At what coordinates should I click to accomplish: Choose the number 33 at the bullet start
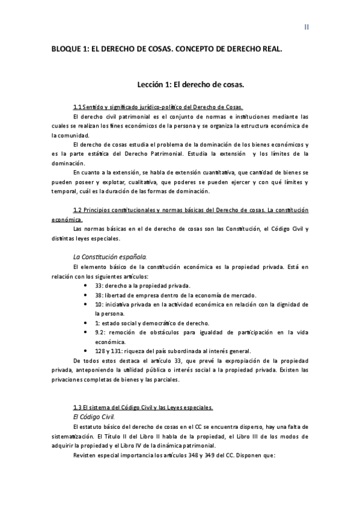(x=99, y=285)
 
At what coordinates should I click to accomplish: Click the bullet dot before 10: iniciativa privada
(x=88, y=304)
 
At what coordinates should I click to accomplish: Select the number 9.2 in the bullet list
(x=100, y=333)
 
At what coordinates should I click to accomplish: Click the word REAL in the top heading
(x=269, y=52)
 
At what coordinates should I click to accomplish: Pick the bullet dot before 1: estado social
(x=88, y=323)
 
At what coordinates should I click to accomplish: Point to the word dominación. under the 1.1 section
(x=69, y=163)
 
